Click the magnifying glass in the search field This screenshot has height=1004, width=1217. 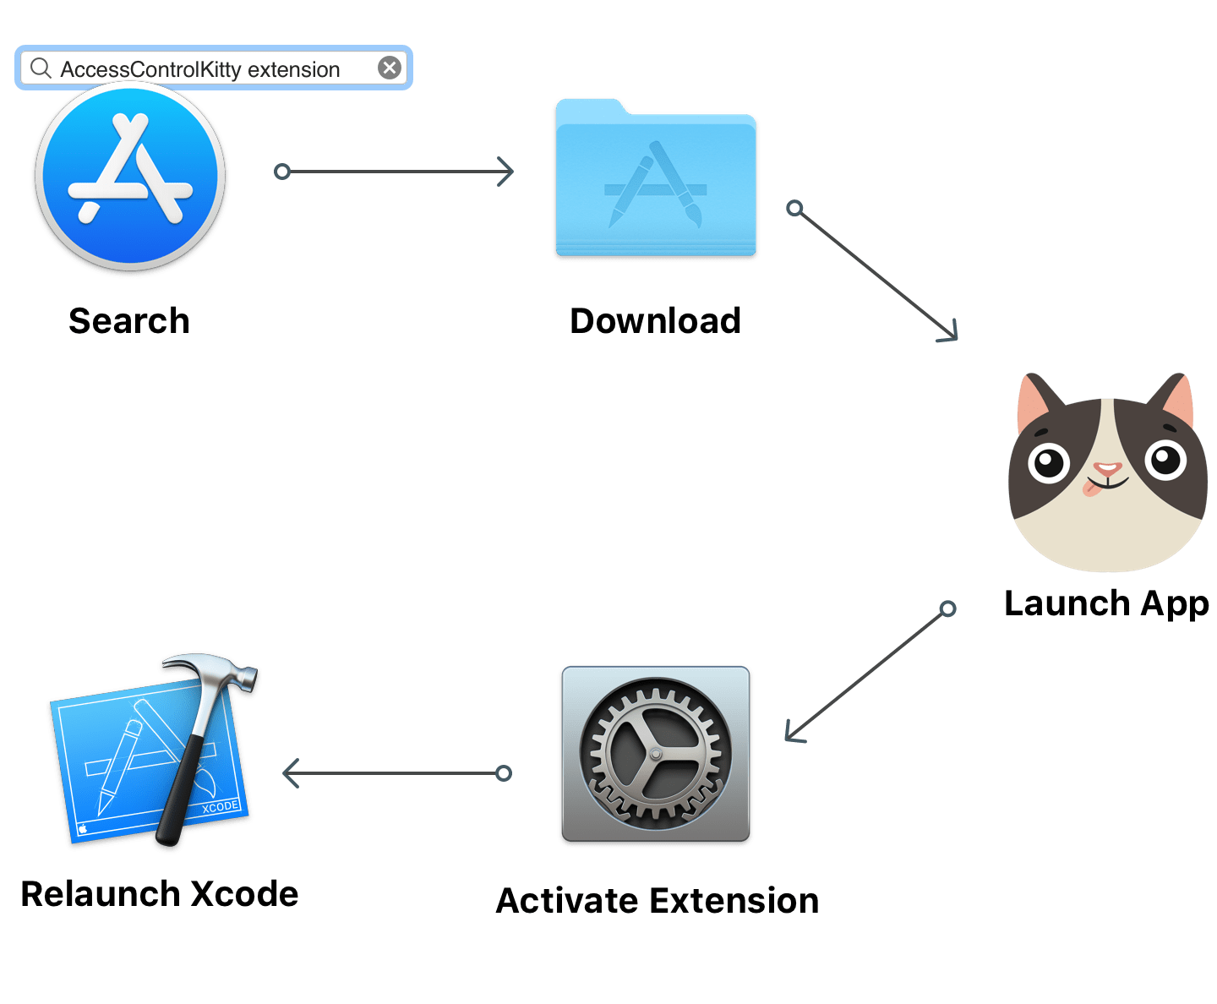(40, 68)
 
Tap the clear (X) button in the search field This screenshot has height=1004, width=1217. (389, 68)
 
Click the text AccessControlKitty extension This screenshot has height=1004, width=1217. (199, 69)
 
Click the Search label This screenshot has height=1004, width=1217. (129, 321)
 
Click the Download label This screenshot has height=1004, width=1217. (655, 321)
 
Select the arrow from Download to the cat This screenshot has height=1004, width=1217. (875, 273)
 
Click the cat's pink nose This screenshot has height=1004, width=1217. (1106, 468)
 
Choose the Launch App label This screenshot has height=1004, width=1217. (1105, 603)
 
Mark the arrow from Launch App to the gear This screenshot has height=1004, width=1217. (866, 675)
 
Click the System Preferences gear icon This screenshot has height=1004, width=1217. (655, 755)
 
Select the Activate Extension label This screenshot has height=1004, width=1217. (657, 901)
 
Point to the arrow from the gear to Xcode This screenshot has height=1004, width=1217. (394, 773)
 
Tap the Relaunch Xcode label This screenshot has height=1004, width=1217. (159, 894)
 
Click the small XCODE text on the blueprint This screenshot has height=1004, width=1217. (220, 807)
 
